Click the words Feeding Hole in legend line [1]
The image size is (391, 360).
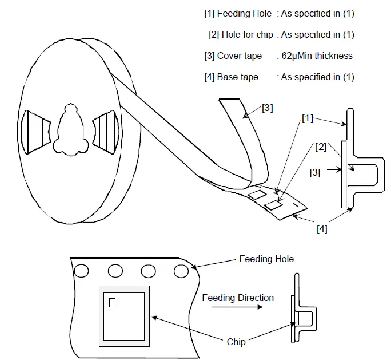tap(244, 13)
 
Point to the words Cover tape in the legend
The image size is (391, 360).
tap(240, 56)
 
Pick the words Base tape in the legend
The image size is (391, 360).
tap(237, 77)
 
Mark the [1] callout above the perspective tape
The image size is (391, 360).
tap(308, 118)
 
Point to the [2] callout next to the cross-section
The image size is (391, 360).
tap(321, 147)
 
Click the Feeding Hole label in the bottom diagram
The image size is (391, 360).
tap(266, 259)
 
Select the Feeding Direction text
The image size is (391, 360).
tap(238, 298)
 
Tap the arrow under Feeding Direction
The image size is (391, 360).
tap(232, 308)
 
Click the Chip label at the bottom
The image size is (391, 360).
tap(236, 342)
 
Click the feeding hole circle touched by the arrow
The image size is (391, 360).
tap(181, 270)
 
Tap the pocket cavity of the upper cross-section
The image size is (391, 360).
tap(364, 173)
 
